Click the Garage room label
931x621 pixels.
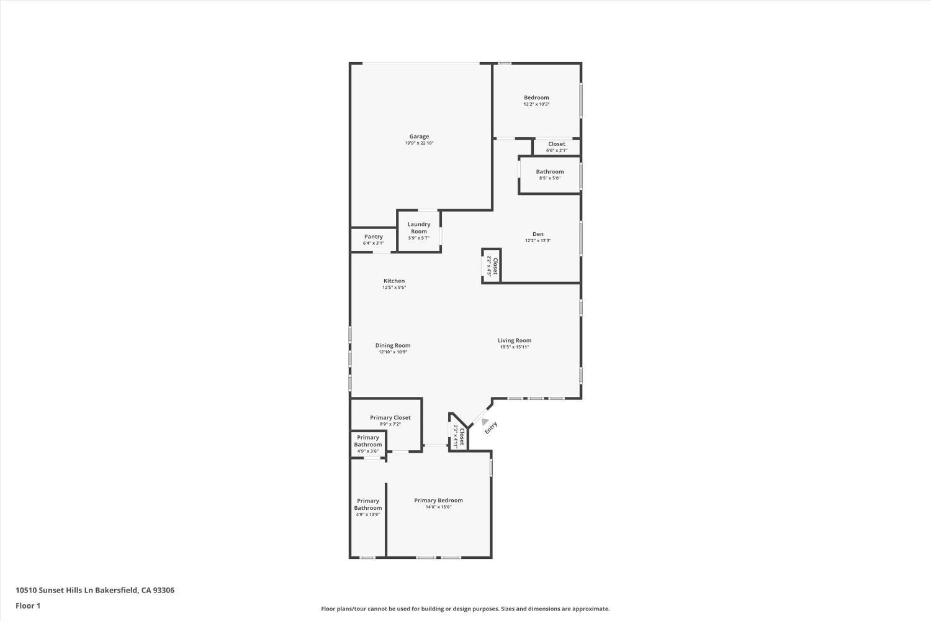(x=419, y=137)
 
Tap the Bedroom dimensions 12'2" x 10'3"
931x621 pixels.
(x=536, y=104)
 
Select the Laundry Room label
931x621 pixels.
(x=419, y=228)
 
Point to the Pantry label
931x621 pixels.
(x=374, y=237)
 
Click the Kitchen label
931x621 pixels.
(x=394, y=281)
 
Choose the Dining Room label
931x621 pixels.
(x=393, y=346)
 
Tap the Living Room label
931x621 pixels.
(x=515, y=340)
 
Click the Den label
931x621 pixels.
(x=537, y=234)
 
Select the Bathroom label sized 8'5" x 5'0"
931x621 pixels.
(x=550, y=172)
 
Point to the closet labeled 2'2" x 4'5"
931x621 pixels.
(x=492, y=266)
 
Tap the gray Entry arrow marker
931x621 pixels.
(x=484, y=421)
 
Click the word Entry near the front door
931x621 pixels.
(x=491, y=428)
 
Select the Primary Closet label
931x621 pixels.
(x=390, y=418)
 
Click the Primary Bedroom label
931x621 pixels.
(x=438, y=501)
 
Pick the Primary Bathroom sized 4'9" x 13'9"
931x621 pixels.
(x=368, y=505)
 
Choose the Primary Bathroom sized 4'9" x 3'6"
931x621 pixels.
(x=368, y=442)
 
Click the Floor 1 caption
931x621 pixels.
(x=28, y=606)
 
